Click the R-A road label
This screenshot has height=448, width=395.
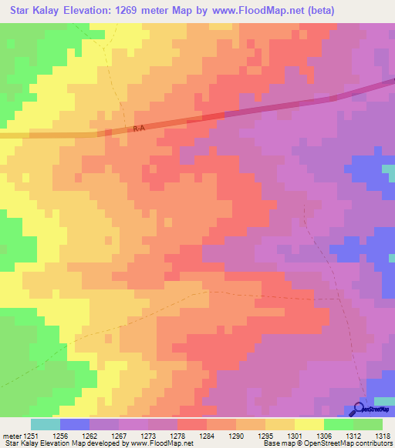coord(139,129)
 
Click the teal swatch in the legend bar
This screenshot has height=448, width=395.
coord(46,424)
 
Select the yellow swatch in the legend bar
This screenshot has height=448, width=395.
coord(309,424)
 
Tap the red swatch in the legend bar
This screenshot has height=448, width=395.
coord(192,424)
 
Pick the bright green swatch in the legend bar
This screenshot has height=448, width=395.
coord(339,424)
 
